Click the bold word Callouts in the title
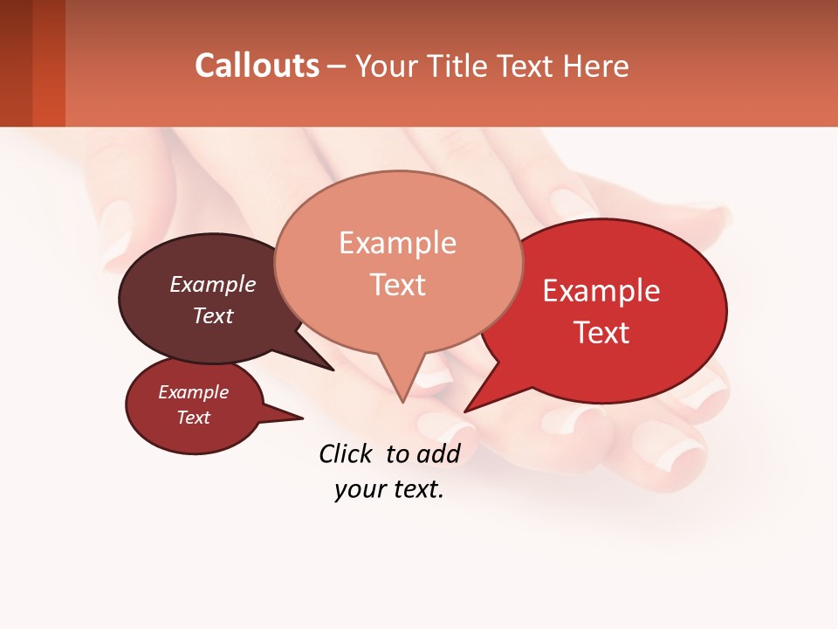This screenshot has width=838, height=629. [257, 66]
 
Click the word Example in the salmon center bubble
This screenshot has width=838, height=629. [397, 243]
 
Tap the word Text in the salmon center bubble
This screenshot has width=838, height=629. [397, 285]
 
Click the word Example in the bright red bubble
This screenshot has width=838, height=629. [601, 291]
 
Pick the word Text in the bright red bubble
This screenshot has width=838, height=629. [602, 333]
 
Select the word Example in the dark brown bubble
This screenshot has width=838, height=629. [213, 284]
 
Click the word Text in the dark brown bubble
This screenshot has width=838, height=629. [213, 315]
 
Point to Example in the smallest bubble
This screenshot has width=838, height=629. [194, 392]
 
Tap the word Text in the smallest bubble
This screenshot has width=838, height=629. [194, 418]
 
